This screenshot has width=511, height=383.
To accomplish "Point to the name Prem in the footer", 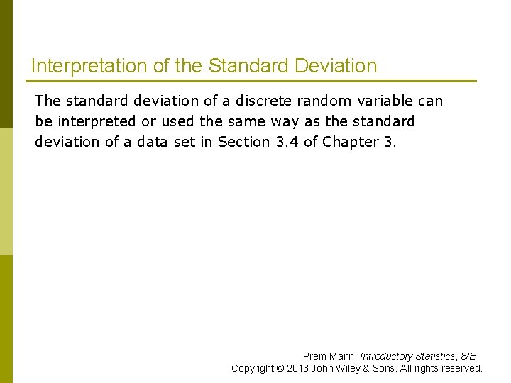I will (x=314, y=356).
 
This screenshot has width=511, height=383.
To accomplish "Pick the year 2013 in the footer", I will (x=299, y=368).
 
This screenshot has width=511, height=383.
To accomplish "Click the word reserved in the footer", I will (x=462, y=368).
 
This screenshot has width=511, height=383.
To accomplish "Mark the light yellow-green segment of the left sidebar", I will (x=6, y=191).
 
